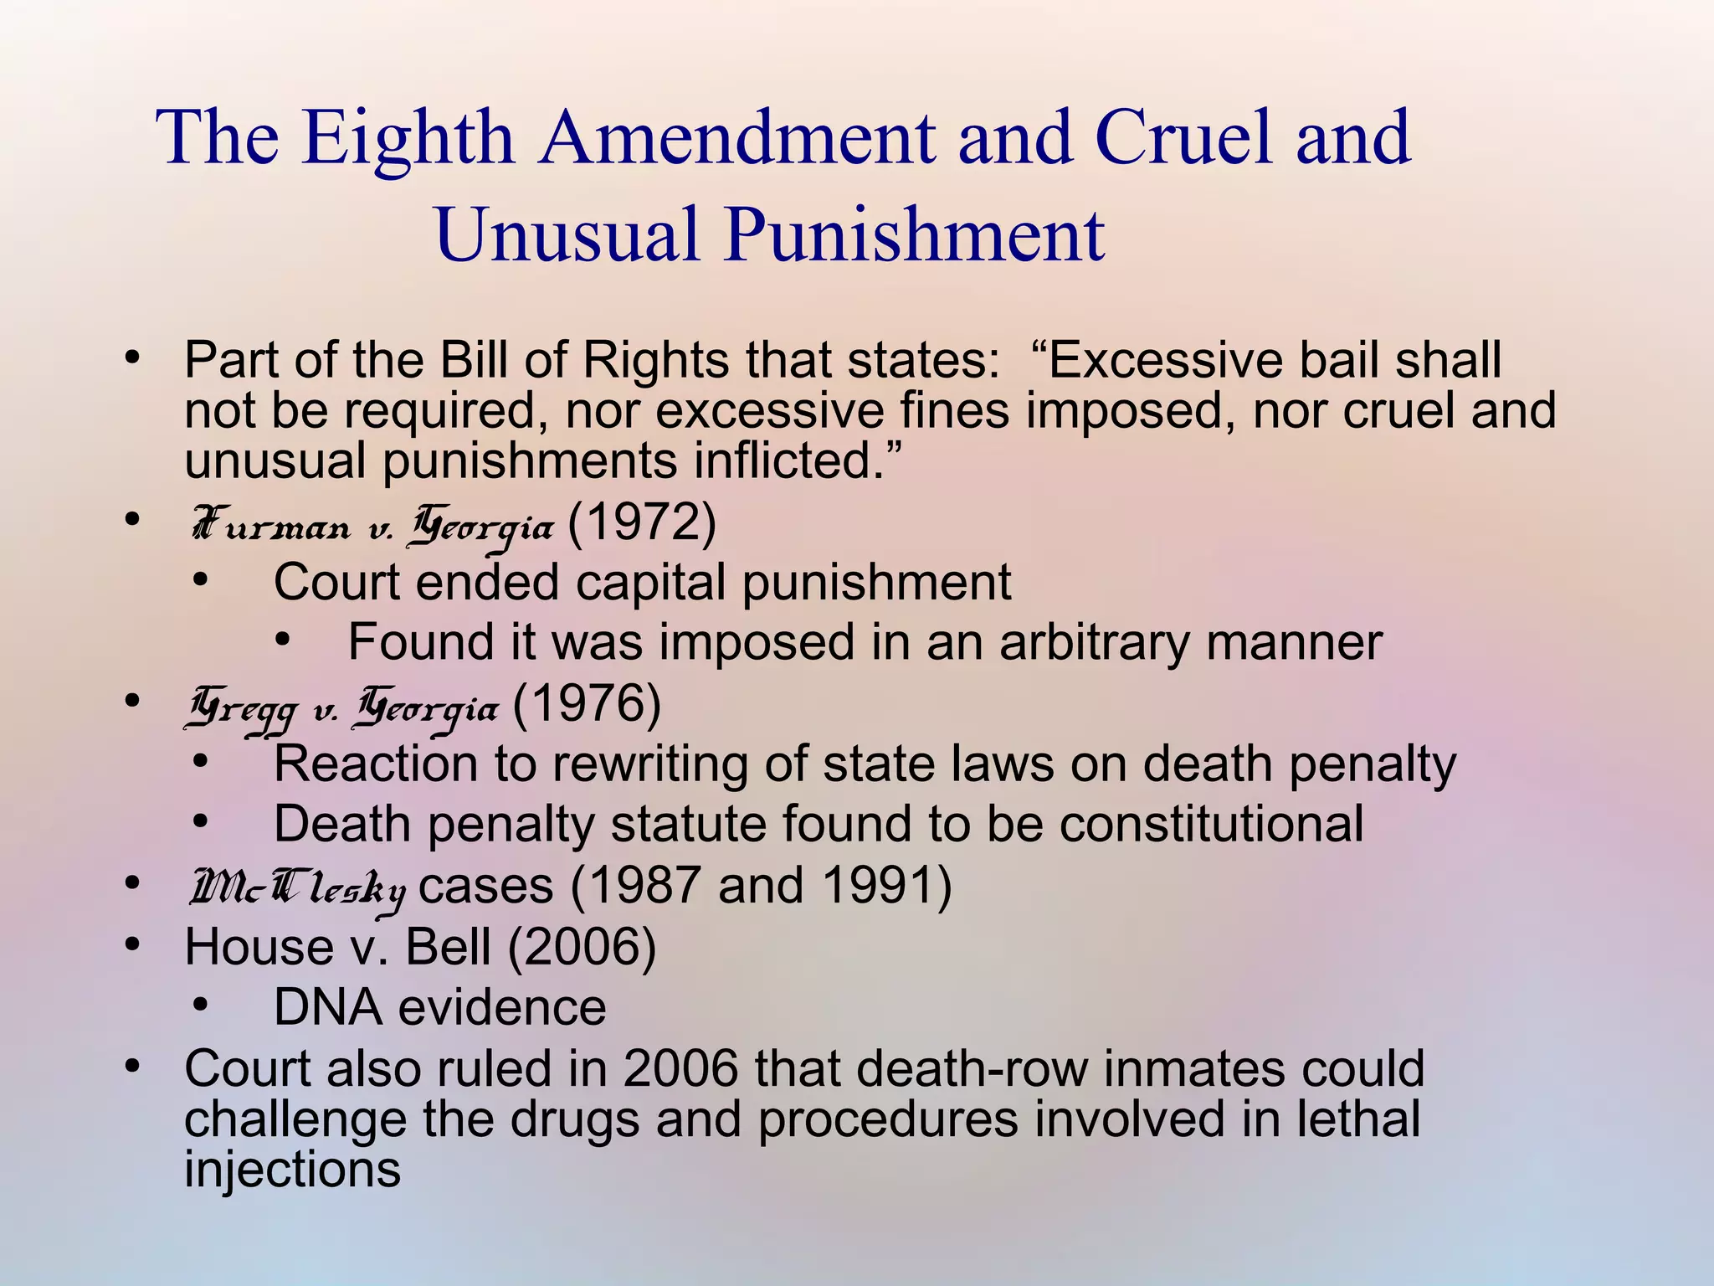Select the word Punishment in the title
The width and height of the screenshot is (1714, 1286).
pos(915,235)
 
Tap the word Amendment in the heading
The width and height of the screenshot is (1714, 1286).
pos(737,138)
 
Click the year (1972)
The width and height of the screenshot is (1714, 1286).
pos(642,523)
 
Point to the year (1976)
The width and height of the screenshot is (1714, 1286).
pos(587,704)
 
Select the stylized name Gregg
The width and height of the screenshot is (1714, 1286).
pos(242,711)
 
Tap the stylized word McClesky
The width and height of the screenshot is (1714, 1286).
pos(298,890)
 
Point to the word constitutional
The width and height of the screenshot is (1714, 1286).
pos(1212,824)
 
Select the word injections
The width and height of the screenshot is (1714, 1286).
pos(292,1169)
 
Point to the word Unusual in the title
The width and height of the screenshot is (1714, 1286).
pos(567,235)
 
